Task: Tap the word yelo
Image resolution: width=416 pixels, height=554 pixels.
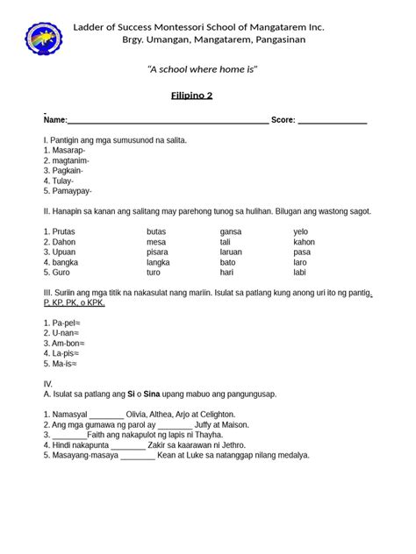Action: [302, 231]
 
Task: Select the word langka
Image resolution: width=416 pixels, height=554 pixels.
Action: [158, 262]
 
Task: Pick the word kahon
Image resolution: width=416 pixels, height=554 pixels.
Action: [304, 242]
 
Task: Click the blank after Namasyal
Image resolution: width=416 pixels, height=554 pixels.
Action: [107, 415]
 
